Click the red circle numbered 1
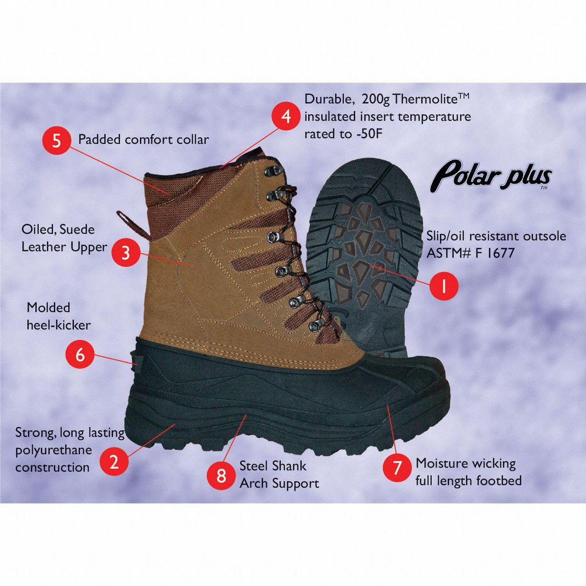click(x=444, y=286)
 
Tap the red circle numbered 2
click(x=114, y=461)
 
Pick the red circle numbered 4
click(x=286, y=116)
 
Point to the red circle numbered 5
click(x=56, y=140)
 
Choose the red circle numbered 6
click(x=80, y=354)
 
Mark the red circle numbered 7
click(x=397, y=467)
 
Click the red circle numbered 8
click(x=222, y=475)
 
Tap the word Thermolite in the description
click(x=425, y=100)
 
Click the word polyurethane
click(x=53, y=451)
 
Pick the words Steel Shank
click(x=272, y=466)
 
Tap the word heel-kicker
click(x=58, y=325)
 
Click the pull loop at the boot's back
click(x=132, y=224)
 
